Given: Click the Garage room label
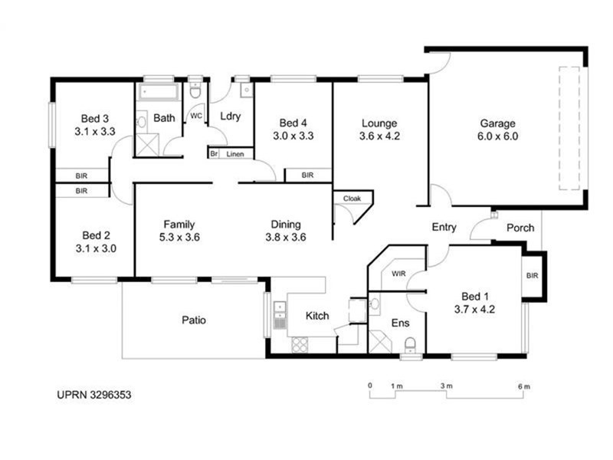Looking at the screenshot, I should point(498,123).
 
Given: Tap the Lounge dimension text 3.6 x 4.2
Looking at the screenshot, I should point(380,136).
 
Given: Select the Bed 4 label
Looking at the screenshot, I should point(293,123).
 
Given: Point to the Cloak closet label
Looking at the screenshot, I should point(352,198).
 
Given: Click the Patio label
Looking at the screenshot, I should point(194,320).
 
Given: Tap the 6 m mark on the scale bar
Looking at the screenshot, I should point(524,386).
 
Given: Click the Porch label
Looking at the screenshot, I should point(520,228).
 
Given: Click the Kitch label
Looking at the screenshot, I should point(317,316).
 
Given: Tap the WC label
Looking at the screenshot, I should point(195,117).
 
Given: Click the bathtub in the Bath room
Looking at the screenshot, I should point(159,94).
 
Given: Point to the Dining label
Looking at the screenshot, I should point(284,225).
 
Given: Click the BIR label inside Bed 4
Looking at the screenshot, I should point(307,176).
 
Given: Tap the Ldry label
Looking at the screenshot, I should point(231,117).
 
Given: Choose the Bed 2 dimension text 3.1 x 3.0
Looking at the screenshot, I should point(96,248).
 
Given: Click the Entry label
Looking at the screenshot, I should point(444,227).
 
